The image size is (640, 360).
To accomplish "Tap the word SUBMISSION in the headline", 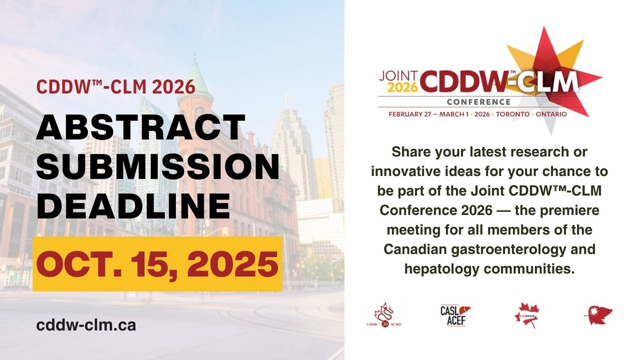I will pos(158,168).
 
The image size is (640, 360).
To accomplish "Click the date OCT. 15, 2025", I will pos(157,263).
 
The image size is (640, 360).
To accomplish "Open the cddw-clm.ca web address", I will pos(86,325).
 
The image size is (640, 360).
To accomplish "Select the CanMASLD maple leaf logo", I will pos(526,315).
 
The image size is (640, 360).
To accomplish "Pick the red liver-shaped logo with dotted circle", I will pos(598,315).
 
